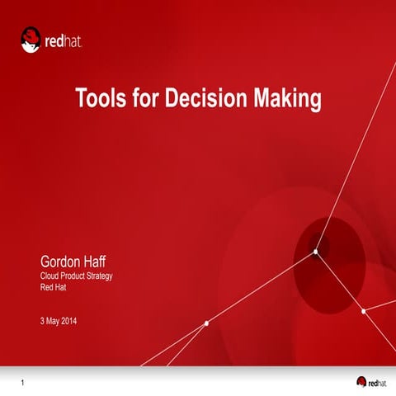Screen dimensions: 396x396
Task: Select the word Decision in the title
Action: (209, 100)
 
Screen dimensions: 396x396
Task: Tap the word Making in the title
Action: (287, 100)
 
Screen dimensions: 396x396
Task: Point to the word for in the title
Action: (144, 100)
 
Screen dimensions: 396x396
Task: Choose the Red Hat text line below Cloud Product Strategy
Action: (54, 288)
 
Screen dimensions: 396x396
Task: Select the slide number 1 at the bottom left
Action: (23, 381)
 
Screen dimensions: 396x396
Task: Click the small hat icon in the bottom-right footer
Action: (361, 380)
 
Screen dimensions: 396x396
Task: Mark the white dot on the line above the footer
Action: (205, 323)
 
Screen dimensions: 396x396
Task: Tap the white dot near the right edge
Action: (363, 311)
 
